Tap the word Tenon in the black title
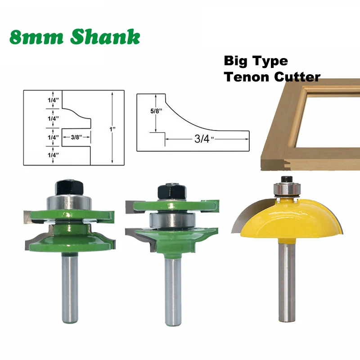(x=245, y=76)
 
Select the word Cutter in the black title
(x=295, y=76)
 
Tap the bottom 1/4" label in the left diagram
(x=53, y=154)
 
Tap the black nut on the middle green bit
(x=169, y=191)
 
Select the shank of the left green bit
(x=70, y=288)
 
